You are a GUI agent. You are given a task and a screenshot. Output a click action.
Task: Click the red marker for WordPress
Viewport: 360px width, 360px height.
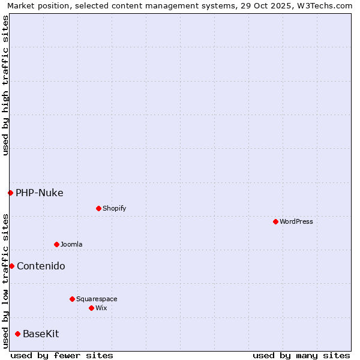(275, 221)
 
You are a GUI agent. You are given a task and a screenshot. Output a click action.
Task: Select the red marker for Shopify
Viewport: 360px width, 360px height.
(98, 208)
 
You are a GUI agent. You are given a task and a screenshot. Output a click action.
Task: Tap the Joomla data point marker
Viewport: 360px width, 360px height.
(56, 244)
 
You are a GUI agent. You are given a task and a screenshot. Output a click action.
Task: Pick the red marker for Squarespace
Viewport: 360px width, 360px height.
(72, 299)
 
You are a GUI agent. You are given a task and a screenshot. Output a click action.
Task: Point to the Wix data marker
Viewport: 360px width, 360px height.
(91, 308)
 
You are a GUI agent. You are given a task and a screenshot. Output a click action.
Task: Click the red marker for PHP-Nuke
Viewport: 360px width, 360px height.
(10, 193)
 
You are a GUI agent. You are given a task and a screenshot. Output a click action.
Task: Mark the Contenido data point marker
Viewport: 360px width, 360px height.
(11, 266)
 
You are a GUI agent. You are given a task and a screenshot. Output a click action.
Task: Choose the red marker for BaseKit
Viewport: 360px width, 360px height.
(17, 334)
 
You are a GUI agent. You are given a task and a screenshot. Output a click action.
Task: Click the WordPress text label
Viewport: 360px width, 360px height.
(296, 221)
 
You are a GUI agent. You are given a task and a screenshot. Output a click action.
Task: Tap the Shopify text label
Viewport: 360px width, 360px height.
(114, 208)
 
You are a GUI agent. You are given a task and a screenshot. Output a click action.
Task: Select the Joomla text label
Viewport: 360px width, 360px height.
(71, 244)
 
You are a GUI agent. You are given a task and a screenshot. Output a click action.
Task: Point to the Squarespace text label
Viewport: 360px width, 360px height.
(97, 299)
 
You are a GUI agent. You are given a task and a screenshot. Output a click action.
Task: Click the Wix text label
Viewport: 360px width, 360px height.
(101, 308)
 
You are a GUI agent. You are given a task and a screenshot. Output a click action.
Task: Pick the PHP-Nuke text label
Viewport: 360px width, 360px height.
(39, 193)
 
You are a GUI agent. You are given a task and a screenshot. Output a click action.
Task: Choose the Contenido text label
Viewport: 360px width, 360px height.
(41, 266)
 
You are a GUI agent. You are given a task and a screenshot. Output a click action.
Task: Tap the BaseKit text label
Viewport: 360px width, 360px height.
(41, 334)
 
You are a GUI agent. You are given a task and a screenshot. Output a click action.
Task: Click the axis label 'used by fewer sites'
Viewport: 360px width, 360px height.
(62, 355)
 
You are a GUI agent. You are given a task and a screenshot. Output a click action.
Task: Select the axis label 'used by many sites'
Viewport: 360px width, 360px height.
(301, 355)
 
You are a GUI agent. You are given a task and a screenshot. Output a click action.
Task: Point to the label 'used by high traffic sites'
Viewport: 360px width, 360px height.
(5, 85)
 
